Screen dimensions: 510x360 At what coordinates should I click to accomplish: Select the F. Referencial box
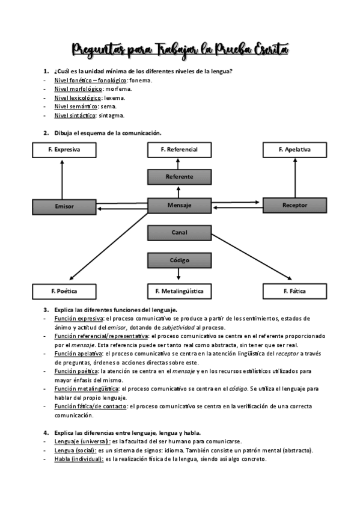(179, 150)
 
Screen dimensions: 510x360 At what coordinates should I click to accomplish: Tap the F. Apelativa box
(294, 150)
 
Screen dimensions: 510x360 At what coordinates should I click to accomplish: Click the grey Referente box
(179, 177)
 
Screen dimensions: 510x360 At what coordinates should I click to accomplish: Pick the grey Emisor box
(64, 206)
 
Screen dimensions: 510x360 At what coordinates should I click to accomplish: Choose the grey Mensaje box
(179, 205)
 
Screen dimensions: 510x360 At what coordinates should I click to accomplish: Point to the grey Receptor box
(294, 205)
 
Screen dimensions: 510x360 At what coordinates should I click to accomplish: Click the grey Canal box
(179, 232)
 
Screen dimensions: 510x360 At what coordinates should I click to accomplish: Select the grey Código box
(179, 260)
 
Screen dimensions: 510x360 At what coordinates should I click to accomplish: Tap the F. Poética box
(64, 292)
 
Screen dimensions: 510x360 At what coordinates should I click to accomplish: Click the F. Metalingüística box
(179, 292)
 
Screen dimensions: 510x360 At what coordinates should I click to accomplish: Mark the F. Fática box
(294, 292)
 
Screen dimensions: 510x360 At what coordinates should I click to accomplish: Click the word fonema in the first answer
(141, 80)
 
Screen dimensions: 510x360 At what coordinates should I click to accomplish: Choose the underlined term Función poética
(76, 372)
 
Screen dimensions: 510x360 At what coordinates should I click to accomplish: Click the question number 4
(46, 433)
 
